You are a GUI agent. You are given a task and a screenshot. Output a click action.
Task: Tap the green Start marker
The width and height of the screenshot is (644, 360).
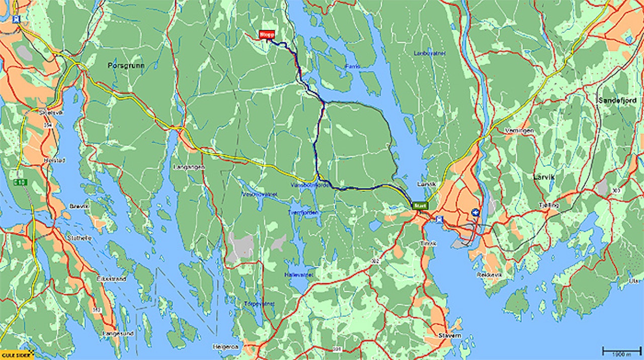[x=420, y=205]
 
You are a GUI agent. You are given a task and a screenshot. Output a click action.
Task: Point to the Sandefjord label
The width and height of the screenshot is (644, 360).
[x=617, y=101]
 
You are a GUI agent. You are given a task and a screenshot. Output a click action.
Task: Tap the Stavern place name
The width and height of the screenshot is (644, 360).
[x=449, y=335]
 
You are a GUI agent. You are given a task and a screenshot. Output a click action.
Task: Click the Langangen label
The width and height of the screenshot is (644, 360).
[x=188, y=166]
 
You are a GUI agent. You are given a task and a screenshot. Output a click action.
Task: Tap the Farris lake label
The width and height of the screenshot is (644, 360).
[x=353, y=66]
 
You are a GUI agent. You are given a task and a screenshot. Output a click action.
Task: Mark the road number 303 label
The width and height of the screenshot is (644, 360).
[x=617, y=190]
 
